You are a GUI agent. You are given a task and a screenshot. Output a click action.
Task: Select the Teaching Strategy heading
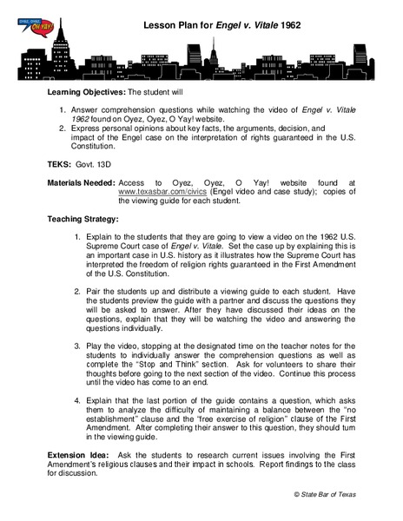(83, 220)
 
